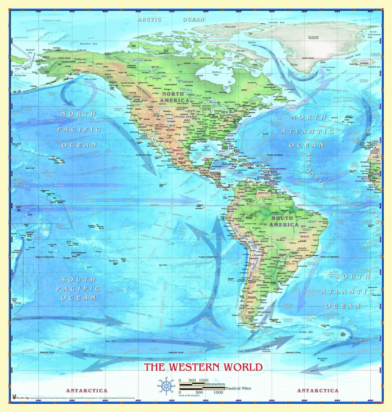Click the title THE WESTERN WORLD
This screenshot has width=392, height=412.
[203, 367]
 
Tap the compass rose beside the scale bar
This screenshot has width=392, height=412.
[166, 386]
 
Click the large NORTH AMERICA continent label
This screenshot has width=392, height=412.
[174, 97]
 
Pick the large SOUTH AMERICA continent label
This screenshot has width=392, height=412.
[285, 221]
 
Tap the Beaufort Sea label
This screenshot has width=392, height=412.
[89, 43]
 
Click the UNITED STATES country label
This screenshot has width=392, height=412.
[185, 117]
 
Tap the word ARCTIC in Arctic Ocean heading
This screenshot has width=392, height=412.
[149, 19]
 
